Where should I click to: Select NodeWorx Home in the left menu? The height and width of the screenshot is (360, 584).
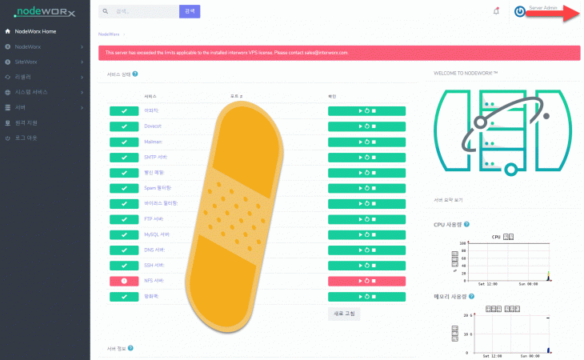[x=35, y=31]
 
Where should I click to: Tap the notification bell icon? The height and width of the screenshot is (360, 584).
[x=496, y=10]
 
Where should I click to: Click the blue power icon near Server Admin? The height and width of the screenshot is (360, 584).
[x=520, y=12]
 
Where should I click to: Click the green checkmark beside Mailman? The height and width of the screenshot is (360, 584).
[x=124, y=142]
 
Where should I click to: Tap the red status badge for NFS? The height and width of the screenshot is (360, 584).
[x=124, y=281]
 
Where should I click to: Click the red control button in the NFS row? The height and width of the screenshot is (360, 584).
[x=366, y=281]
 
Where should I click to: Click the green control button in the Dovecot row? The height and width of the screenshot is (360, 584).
[x=366, y=126]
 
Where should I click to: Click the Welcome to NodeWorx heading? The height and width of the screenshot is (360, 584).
[x=466, y=73]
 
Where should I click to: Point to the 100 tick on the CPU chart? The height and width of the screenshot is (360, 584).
[x=461, y=243]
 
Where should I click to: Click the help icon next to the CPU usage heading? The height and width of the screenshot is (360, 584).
[x=466, y=225]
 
